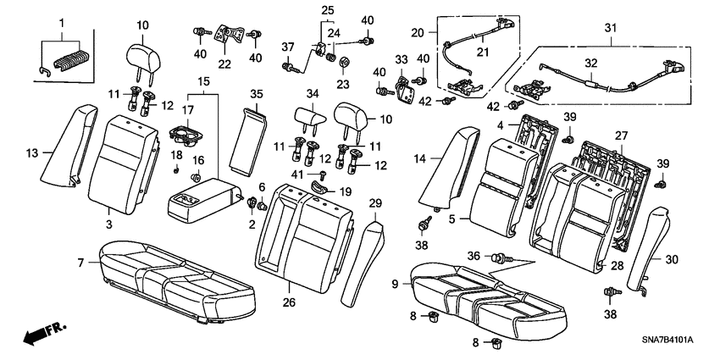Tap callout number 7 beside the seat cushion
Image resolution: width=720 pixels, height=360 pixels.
click(x=81, y=263)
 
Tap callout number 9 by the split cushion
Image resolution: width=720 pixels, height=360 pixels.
click(x=395, y=285)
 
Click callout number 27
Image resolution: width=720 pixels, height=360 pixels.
click(x=623, y=135)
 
